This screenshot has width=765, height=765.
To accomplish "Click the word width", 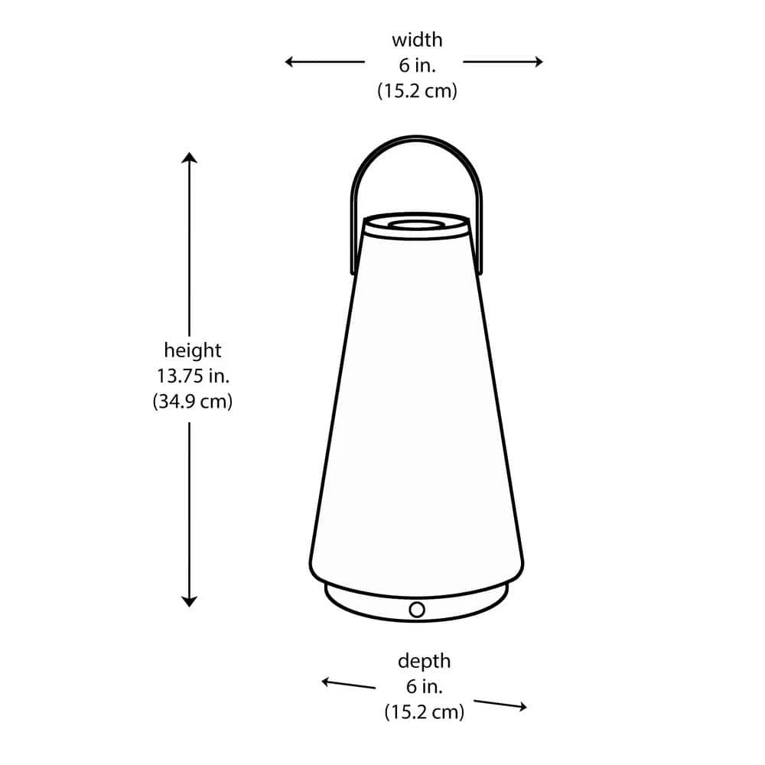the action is [x=417, y=40].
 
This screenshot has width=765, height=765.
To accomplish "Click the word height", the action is [x=193, y=350].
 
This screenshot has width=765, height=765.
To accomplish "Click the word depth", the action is [x=424, y=662].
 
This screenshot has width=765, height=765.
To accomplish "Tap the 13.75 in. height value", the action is [x=193, y=376].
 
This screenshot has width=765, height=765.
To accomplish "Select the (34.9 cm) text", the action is [x=193, y=402].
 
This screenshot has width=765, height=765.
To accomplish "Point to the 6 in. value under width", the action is [x=417, y=65].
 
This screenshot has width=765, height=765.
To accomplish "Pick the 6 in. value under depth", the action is [x=425, y=686].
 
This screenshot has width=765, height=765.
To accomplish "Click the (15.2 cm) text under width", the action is [x=417, y=91].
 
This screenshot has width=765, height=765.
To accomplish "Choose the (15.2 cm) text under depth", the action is [x=425, y=711].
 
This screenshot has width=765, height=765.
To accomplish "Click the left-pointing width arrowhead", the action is [x=290, y=61].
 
